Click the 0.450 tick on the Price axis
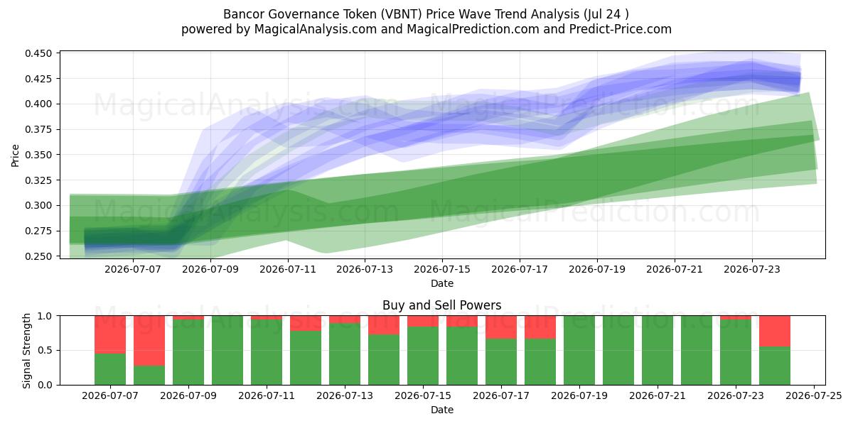pyautogui.click(x=38, y=53)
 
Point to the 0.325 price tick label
pyautogui.click(x=38, y=180)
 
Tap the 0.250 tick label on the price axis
pyautogui.click(x=38, y=256)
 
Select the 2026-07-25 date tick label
pyautogui.click(x=814, y=395)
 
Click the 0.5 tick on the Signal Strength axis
pyautogui.click(x=45, y=350)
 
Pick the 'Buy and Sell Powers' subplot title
pyautogui.click(x=441, y=305)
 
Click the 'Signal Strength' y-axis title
pyautogui.click(x=26, y=351)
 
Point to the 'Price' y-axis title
pyautogui.click(x=15, y=155)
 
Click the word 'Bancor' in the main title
pyautogui.click(x=244, y=14)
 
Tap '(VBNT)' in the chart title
pyautogui.click(x=401, y=14)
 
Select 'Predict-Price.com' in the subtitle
pyautogui.click(x=621, y=29)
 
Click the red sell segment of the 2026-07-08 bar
pyautogui.click(x=149, y=341)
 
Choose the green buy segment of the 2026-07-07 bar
pyautogui.click(x=110, y=369)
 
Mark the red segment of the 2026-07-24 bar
pyautogui.click(x=775, y=332)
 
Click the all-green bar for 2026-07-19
pyautogui.click(x=579, y=350)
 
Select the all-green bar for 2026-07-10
pyautogui.click(x=227, y=350)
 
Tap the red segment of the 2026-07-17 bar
pyautogui.click(x=501, y=327)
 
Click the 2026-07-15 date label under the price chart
pyautogui.click(x=442, y=269)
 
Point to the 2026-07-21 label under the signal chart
pyautogui.click(x=658, y=395)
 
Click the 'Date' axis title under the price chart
pyautogui.click(x=442, y=283)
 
